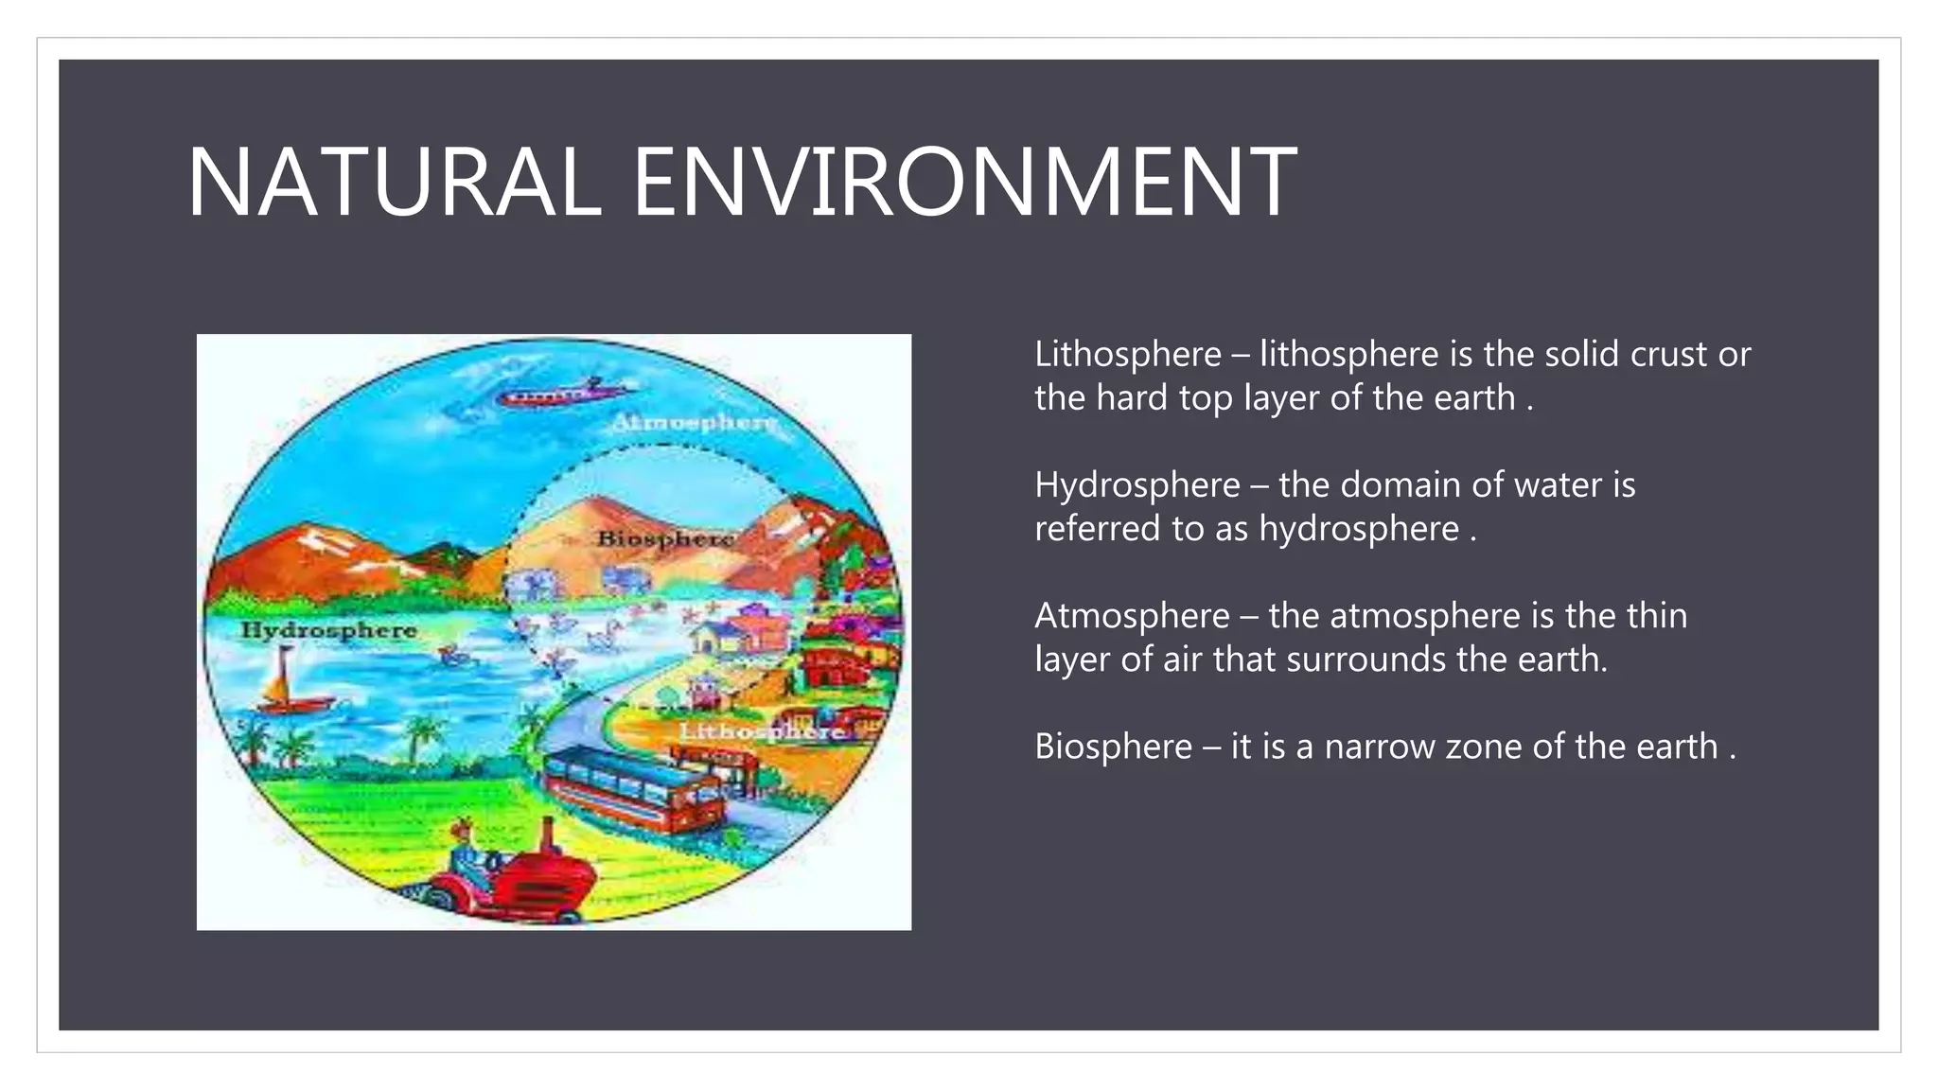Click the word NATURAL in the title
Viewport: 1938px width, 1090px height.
click(x=394, y=182)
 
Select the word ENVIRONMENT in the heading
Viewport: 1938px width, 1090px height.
click(x=964, y=182)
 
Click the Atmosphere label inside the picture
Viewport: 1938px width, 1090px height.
click(x=695, y=422)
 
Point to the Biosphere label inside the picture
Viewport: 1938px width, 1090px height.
click(x=665, y=538)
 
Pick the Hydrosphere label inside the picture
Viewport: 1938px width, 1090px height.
click(x=328, y=630)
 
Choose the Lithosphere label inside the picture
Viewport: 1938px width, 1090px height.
click(x=763, y=731)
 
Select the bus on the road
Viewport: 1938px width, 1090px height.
click(x=634, y=785)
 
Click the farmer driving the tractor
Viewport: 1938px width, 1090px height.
click(x=466, y=852)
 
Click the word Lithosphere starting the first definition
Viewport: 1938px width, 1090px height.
click(x=1128, y=355)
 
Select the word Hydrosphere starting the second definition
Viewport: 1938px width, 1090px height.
click(x=1136, y=485)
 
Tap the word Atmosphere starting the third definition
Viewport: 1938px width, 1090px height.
click(x=1132, y=616)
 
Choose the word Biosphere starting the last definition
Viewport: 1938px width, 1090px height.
click(x=1113, y=747)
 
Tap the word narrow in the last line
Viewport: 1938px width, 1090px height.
click(x=1376, y=747)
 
